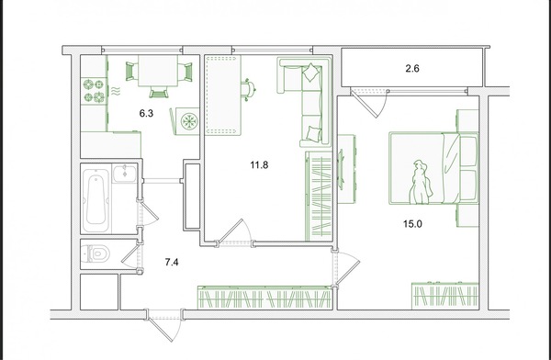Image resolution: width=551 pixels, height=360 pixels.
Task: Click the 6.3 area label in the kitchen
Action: click(x=146, y=113)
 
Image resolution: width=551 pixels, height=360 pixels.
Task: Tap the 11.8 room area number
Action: click(x=259, y=164)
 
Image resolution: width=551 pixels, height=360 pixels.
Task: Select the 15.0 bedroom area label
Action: click(x=412, y=223)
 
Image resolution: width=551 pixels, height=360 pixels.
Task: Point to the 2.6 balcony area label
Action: click(x=412, y=68)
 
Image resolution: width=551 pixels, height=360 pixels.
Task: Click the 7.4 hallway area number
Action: click(x=172, y=262)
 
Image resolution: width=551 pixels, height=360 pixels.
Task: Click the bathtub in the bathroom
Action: click(x=96, y=198)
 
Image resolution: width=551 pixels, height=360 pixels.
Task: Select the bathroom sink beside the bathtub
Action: click(x=124, y=174)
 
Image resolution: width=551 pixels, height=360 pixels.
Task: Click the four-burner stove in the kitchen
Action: click(x=94, y=91)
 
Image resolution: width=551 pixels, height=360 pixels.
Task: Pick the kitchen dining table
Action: click(x=157, y=71)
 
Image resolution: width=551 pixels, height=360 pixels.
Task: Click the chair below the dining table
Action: click(x=159, y=92)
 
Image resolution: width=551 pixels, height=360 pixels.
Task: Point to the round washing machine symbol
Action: click(x=189, y=121)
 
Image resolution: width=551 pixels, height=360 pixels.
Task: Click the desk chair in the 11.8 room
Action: click(x=248, y=89)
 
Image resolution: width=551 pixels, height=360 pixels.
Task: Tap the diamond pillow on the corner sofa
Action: click(x=311, y=73)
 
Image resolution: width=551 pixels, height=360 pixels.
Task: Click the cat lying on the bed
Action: click(x=421, y=182)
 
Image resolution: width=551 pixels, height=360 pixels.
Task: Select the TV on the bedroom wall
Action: click(x=341, y=170)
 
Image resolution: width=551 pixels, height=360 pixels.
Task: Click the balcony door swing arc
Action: click(x=384, y=106)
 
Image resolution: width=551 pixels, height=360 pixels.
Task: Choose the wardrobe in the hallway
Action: click(x=264, y=298)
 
